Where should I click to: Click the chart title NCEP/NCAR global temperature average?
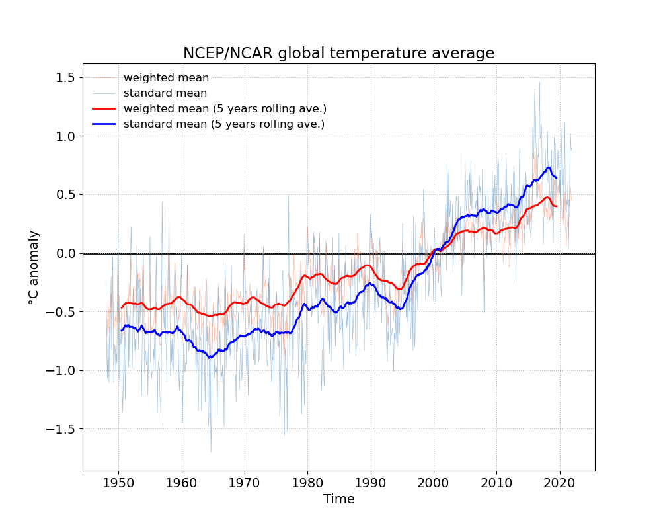pyautogui.click(x=338, y=53)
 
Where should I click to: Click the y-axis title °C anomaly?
pyautogui.click(x=34, y=267)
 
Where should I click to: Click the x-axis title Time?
pyautogui.click(x=338, y=499)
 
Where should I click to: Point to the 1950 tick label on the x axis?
pyautogui.click(x=118, y=481)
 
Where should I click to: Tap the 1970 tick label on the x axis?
pyautogui.click(x=245, y=481)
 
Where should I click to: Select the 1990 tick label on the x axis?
pyautogui.click(x=371, y=481)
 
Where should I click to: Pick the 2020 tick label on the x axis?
pyautogui.click(x=560, y=481)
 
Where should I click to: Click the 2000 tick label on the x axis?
pyautogui.click(x=434, y=481)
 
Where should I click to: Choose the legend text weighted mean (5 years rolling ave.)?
pyautogui.click(x=225, y=108)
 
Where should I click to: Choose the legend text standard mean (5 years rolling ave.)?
pyautogui.click(x=224, y=124)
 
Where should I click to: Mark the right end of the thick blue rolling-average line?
pyautogui.click(x=557, y=178)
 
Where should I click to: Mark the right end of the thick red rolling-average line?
pyautogui.click(x=557, y=206)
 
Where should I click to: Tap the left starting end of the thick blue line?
pyautogui.click(x=122, y=330)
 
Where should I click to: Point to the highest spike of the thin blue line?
pyautogui.click(x=539, y=82)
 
